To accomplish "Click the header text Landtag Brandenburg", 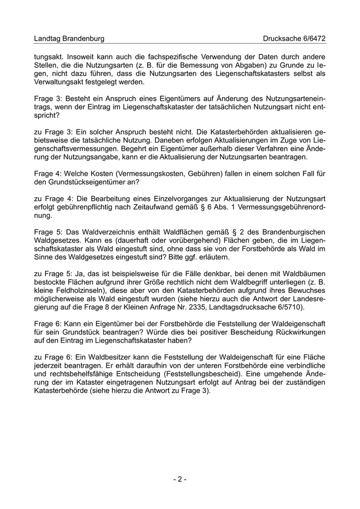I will click(x=69, y=39).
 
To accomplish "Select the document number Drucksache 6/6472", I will click(x=294, y=39).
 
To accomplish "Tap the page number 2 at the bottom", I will click(x=179, y=479).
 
